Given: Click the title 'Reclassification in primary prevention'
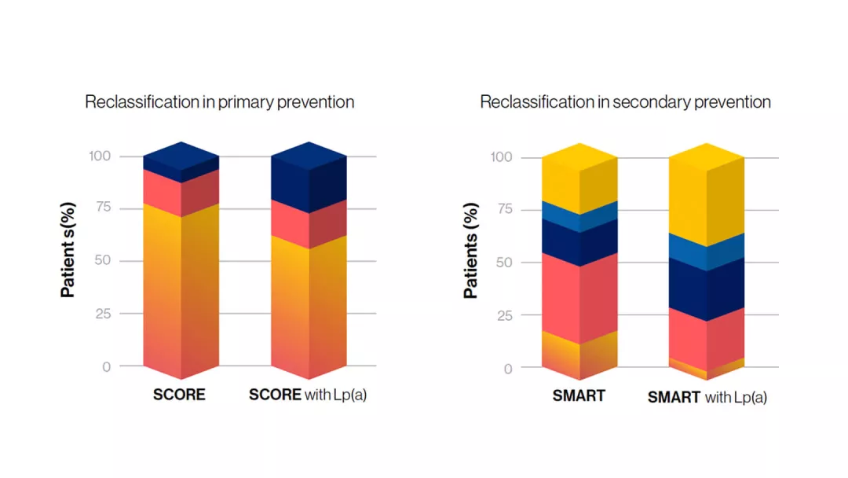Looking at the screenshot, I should point(219,102).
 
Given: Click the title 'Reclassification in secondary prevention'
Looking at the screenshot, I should point(625,102).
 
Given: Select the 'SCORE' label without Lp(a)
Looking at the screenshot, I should point(179,395).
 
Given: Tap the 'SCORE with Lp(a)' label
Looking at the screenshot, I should point(308,395).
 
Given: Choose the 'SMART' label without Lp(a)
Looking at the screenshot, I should point(579,395).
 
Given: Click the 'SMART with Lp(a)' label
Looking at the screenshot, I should point(707,397).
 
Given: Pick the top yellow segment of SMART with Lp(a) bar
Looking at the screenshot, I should point(707,197).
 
